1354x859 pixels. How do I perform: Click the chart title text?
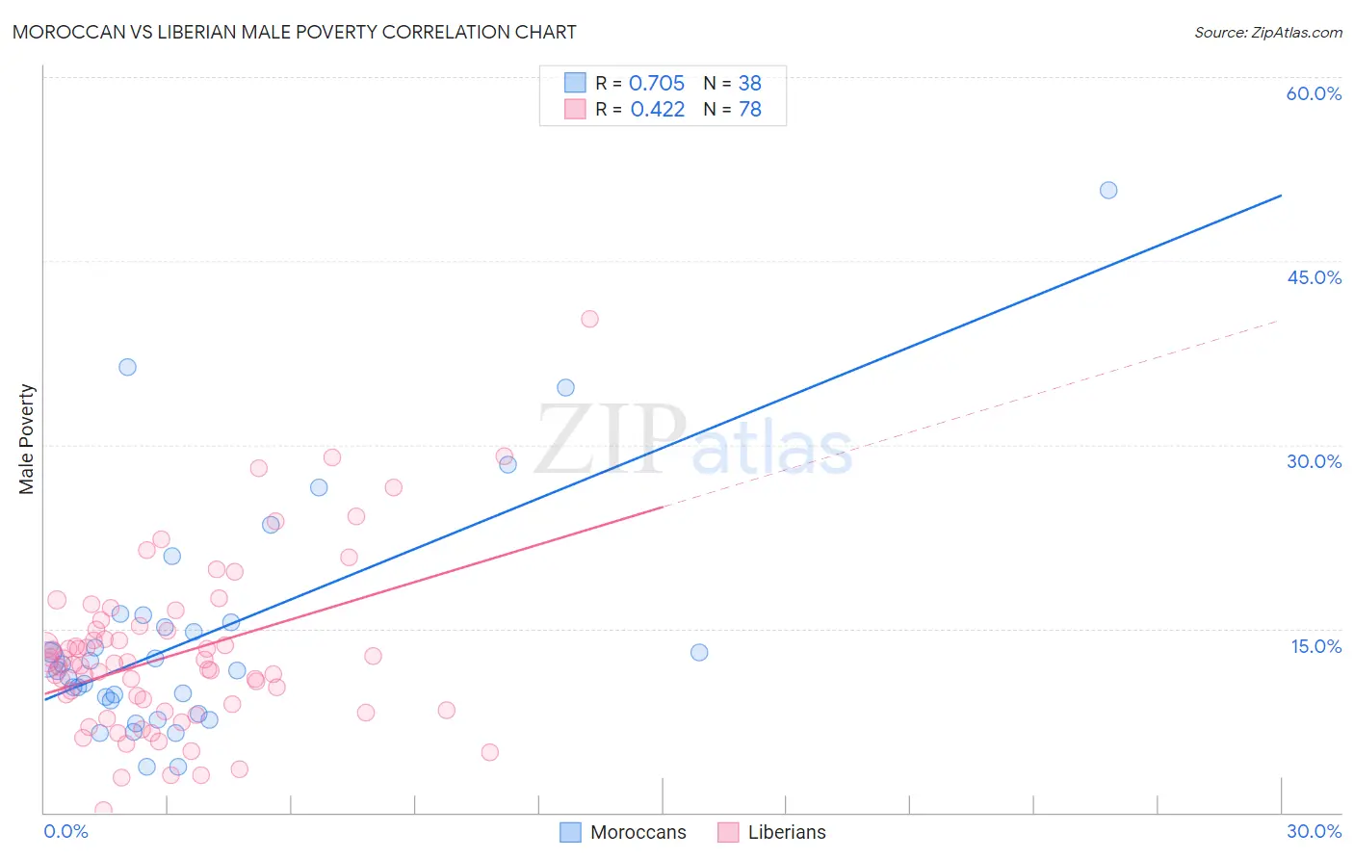coord(294,32)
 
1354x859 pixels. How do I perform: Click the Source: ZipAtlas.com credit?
coord(1267,32)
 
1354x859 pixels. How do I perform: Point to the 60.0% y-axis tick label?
coord(1314,93)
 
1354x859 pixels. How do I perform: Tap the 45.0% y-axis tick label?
coord(1314,277)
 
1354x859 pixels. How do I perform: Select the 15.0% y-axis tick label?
coord(1315,646)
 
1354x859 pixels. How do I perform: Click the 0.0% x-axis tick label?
coord(65,831)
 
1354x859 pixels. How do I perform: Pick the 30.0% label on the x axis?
coord(1314,831)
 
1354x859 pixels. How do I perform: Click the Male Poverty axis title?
coord(27,439)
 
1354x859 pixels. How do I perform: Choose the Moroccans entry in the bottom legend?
coord(638,832)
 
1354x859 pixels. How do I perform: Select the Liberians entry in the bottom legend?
coord(786,832)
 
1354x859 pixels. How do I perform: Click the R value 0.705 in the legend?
coord(657,84)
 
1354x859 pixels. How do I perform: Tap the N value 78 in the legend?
coord(750,110)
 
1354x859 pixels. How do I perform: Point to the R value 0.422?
coord(657,110)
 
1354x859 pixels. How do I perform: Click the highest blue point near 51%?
coord(1108,191)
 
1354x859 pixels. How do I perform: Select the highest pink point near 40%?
coord(589,319)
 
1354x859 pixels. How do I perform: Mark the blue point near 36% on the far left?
coord(127,367)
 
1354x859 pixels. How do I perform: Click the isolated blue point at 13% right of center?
coord(699,652)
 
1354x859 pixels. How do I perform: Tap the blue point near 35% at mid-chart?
coord(565,388)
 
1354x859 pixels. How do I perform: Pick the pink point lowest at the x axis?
coord(103,810)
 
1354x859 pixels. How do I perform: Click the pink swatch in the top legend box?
coord(575,109)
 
